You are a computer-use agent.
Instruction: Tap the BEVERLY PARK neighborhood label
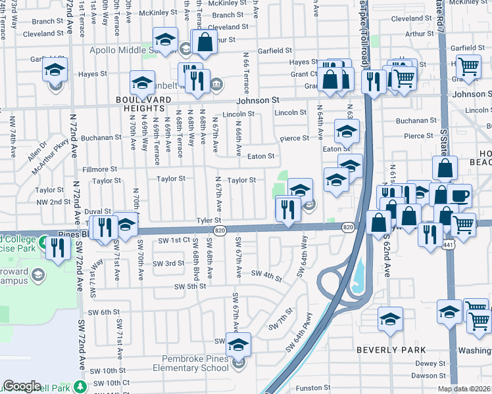click(387, 350)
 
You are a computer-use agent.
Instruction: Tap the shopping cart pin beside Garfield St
click(468, 66)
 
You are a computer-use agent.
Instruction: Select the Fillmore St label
click(100, 169)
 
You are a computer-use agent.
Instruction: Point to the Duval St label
click(97, 212)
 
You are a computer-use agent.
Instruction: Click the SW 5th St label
click(190, 286)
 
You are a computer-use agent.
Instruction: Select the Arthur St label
click(419, 33)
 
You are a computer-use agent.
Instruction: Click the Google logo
click(22, 386)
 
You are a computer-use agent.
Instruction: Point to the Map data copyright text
click(464, 389)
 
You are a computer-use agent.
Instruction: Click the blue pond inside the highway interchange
click(360, 276)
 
